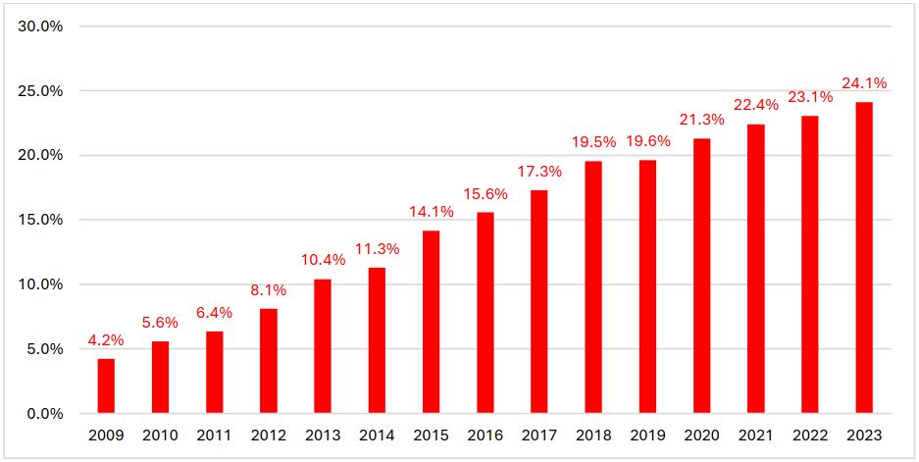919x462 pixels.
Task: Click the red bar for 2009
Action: point(106,385)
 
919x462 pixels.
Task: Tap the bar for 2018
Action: point(593,287)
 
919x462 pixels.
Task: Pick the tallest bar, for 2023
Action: point(864,257)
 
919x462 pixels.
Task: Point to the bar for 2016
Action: point(485,312)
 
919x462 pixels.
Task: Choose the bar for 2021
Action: point(755,269)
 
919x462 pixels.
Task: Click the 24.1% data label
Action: point(864,83)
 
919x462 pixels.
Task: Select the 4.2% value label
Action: point(106,340)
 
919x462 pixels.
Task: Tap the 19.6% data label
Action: point(647,141)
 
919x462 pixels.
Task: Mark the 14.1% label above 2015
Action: point(431,212)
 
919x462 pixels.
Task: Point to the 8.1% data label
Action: point(269,290)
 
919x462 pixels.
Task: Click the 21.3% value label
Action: point(701,120)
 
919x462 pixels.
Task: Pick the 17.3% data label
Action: point(539,171)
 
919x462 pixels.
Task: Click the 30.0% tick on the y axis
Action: point(41,26)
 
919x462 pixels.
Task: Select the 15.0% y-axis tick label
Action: point(41,220)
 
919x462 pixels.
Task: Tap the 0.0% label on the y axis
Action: point(44,413)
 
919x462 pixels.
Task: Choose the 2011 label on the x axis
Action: point(214,435)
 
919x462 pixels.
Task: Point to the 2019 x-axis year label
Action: point(647,435)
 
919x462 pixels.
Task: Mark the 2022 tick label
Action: point(810,435)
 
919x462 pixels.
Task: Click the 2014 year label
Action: point(377,435)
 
